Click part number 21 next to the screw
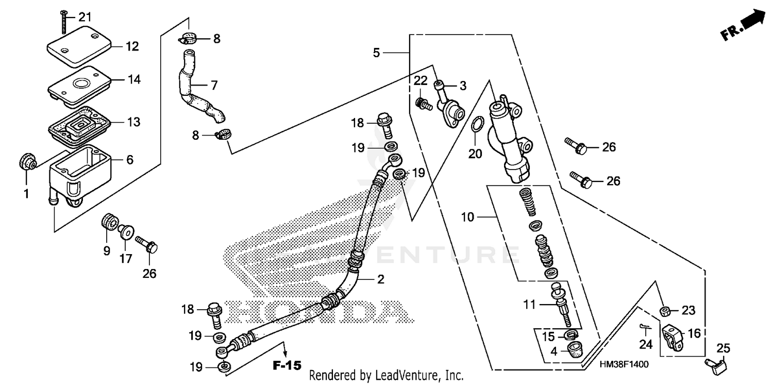pos(84,17)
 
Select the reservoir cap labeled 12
pos(79,46)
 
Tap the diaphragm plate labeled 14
pos(79,82)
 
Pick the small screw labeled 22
pos(423,104)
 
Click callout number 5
pos(377,53)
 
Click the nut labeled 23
pos(664,310)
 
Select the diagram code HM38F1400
pos(624,364)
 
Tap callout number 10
pos(467,217)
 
